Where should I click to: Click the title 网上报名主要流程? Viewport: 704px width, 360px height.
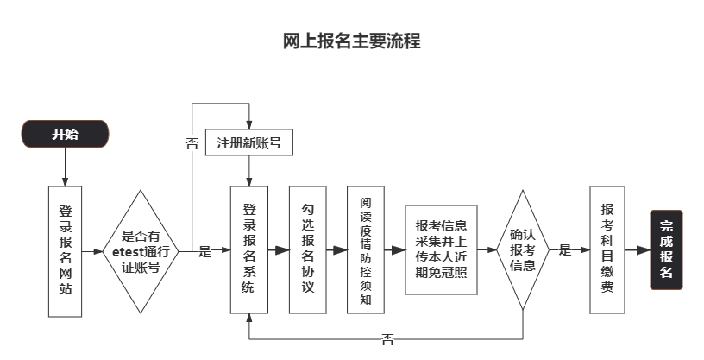pyautogui.click(x=352, y=41)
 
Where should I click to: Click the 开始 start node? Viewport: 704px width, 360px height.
pyautogui.click(x=65, y=134)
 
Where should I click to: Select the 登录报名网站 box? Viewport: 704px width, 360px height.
pyautogui.click(x=66, y=249)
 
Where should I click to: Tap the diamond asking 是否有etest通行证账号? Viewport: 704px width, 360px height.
pyautogui.click(x=141, y=250)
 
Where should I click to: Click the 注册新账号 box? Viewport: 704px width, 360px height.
pyautogui.click(x=249, y=142)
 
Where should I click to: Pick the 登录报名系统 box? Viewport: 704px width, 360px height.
pyautogui.click(x=249, y=249)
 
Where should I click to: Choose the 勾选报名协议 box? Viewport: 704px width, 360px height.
pyautogui.click(x=308, y=249)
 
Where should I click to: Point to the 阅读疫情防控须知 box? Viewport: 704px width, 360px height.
pyautogui.click(x=366, y=249)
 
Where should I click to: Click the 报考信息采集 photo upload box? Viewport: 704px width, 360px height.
pyautogui.click(x=442, y=249)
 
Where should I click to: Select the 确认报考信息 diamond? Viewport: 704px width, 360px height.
pyautogui.click(x=523, y=249)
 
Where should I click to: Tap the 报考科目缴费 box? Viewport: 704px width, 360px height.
pyautogui.click(x=607, y=249)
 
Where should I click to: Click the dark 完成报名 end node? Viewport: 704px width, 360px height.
pyautogui.click(x=667, y=249)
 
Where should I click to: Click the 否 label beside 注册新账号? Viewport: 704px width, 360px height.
pyautogui.click(x=192, y=142)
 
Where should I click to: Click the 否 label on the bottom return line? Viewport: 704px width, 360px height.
pyautogui.click(x=387, y=339)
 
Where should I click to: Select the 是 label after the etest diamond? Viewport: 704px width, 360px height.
pyautogui.click(x=204, y=251)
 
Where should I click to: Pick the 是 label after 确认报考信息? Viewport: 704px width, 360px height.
pyautogui.click(x=565, y=250)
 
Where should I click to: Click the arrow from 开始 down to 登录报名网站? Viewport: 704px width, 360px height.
pyautogui.click(x=66, y=167)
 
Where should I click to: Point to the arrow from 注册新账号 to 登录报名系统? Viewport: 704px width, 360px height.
pyautogui.click(x=249, y=171)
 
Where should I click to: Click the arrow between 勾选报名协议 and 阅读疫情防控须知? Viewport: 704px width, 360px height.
pyautogui.click(x=336, y=249)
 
